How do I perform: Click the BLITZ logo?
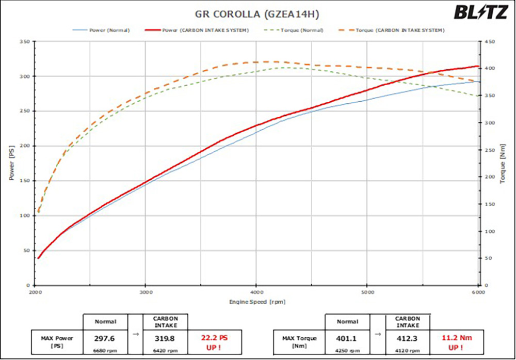(x=480, y=12)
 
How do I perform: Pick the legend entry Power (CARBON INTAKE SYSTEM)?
(x=206, y=30)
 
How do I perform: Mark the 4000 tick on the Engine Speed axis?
(x=256, y=292)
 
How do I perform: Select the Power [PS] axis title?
(x=11, y=163)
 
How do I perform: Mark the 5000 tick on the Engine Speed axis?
(x=367, y=292)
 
